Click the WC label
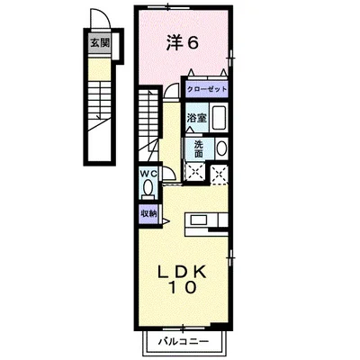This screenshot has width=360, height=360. [x=147, y=175]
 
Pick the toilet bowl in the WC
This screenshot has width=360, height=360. [x=147, y=190]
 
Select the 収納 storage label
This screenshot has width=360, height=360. [x=147, y=213]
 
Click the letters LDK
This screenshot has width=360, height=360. [x=183, y=273]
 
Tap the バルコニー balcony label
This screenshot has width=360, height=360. [x=184, y=342]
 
